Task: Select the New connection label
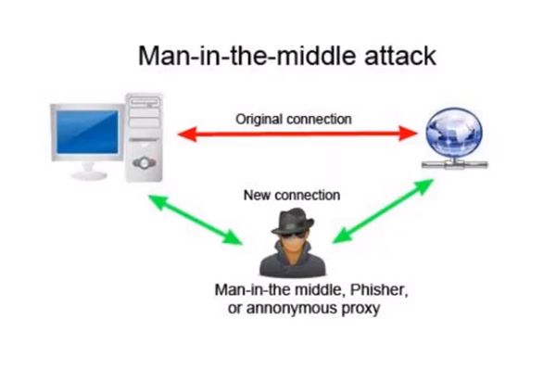tap(291, 196)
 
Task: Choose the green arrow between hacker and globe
tap(383, 212)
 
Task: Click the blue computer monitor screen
tap(85, 132)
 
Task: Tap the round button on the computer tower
tap(143, 162)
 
